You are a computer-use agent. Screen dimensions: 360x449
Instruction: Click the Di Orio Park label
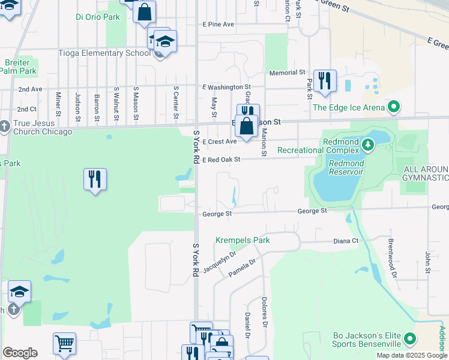(98, 17)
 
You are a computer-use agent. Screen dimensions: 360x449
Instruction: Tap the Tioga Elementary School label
(104, 53)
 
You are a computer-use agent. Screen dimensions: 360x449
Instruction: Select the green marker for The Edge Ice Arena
(394, 107)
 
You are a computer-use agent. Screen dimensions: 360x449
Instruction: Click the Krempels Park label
(243, 241)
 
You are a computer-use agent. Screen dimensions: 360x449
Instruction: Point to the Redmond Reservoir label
(345, 167)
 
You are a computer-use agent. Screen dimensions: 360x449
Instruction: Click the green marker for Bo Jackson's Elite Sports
(411, 339)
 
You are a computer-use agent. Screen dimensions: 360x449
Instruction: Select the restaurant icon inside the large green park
(95, 179)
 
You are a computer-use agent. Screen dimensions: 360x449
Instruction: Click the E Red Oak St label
(221, 160)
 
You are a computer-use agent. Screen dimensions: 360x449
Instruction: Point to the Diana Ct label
(346, 241)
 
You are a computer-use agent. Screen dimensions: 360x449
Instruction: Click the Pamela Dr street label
(243, 268)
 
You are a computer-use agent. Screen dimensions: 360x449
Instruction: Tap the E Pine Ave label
(218, 25)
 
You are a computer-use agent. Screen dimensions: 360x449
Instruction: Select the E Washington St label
(226, 87)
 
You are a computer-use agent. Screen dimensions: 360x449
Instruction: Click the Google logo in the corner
(20, 353)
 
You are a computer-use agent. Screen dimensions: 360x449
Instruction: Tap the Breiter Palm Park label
(18, 66)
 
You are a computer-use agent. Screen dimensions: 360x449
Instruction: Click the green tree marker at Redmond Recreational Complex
(367, 144)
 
